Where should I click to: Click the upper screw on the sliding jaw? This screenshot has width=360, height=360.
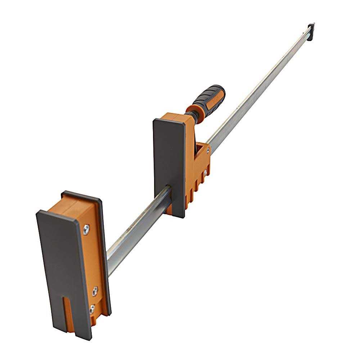207,150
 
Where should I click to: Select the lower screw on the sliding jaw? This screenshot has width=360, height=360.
205,173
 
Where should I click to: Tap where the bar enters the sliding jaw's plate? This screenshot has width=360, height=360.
168,190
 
